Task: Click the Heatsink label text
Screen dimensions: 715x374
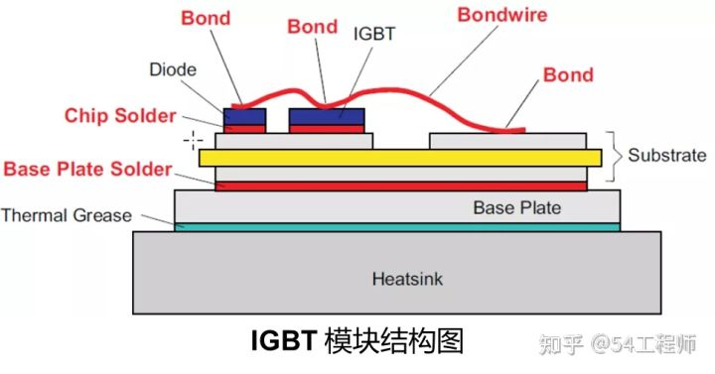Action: coord(407,279)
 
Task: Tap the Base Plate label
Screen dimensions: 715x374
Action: coord(517,207)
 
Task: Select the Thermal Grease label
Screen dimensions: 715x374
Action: coord(67,215)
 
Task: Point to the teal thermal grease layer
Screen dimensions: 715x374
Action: coord(397,227)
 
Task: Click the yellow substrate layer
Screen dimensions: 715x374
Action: coord(400,158)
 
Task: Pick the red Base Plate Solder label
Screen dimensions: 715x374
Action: coord(87,169)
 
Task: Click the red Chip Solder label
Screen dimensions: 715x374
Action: coord(120,115)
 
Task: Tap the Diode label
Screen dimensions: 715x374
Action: coord(173,69)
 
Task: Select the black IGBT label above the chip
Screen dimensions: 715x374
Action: coord(374,34)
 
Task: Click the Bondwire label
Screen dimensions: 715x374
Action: coord(502,15)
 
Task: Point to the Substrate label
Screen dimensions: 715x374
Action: coord(667,155)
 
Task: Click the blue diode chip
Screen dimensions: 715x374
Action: coord(244,117)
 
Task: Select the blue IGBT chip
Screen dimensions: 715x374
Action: coord(327,117)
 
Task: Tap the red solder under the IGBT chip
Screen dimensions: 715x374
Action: coord(327,129)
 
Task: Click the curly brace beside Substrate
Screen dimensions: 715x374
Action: coord(614,157)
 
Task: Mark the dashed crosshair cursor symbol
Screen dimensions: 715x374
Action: coord(193,140)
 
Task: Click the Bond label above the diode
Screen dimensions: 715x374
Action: coord(206,18)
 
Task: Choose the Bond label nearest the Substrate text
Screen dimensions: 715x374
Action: coord(568,74)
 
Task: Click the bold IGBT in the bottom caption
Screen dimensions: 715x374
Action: coord(284,340)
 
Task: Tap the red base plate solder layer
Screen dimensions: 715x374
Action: coord(401,186)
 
